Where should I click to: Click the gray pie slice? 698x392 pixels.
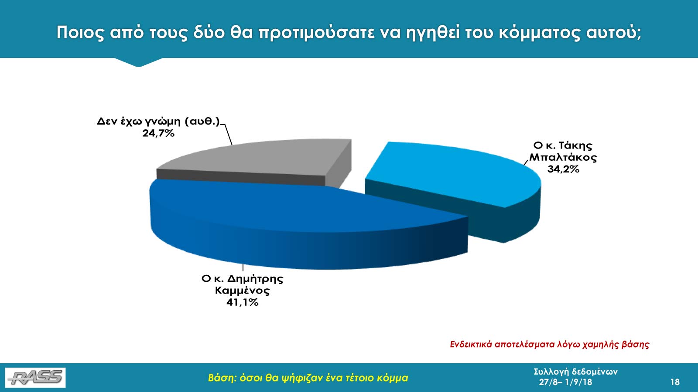coord(256,162)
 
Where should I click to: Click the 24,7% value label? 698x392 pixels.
coord(158,133)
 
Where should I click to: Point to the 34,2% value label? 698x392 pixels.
coord(563,169)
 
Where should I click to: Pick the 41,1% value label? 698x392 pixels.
coord(243,302)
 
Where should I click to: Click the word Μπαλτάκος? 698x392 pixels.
coord(563,157)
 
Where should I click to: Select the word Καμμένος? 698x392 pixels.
coord(243,291)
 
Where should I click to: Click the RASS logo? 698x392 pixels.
coord(35,378)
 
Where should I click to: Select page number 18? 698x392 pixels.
coord(675,382)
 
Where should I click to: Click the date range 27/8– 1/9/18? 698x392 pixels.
coord(565,382)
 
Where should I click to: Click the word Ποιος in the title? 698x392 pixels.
coord(80,33)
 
